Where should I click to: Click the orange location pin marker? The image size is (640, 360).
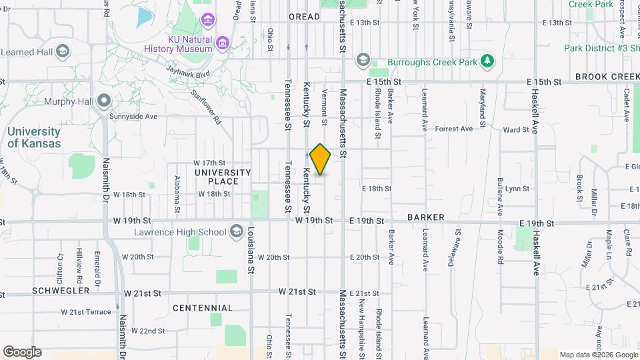321,159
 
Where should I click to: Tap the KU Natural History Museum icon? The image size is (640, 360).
222,43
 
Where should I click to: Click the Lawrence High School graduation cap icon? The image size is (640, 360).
235,231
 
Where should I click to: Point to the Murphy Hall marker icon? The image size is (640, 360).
104,101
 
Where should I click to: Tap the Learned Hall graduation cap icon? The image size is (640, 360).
62,51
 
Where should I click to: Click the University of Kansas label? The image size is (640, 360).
34,138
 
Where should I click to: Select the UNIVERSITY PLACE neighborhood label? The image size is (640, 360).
222,177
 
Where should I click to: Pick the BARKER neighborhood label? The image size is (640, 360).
425,218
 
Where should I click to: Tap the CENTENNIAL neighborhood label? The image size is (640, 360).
203,308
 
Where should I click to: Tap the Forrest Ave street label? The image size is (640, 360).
453,129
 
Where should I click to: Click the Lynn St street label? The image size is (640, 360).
517,189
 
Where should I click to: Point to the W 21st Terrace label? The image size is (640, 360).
86,312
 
